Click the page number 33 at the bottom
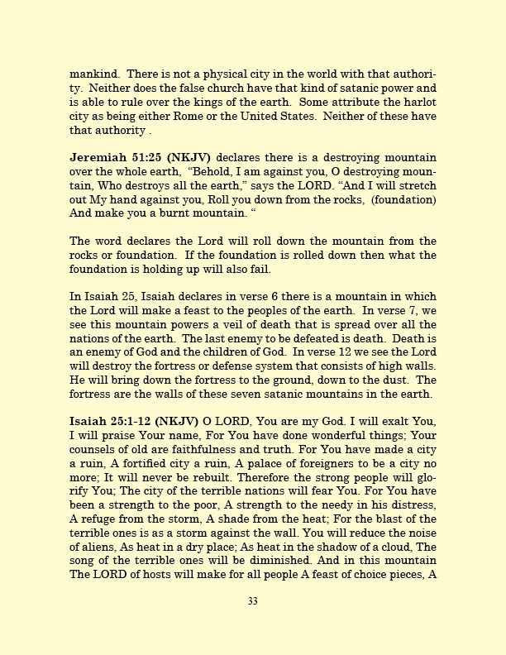(252, 601)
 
